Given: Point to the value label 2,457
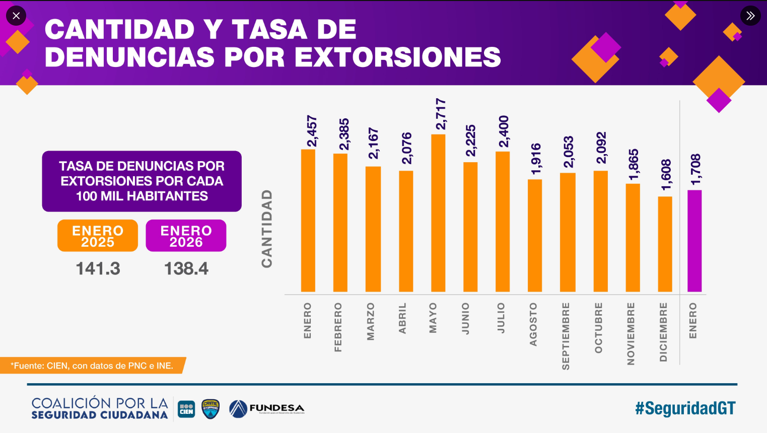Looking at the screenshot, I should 312,131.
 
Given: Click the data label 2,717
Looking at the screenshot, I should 441,114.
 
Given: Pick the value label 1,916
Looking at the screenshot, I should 536,159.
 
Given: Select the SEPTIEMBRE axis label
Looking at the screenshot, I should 566,336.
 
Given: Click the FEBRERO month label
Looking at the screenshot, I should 338,327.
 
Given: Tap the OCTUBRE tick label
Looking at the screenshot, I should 598,328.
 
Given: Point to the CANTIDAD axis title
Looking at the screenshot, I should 267,229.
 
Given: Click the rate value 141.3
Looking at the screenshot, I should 98,268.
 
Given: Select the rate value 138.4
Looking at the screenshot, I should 186,268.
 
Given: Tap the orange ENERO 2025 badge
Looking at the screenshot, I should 98,236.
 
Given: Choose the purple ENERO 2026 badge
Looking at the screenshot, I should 186,236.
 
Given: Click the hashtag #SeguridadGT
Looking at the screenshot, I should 685,408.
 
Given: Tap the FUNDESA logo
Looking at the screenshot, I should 267,408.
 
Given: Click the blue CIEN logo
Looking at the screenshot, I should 186,409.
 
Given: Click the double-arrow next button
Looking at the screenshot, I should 750,16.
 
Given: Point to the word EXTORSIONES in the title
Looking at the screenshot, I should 398,57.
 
